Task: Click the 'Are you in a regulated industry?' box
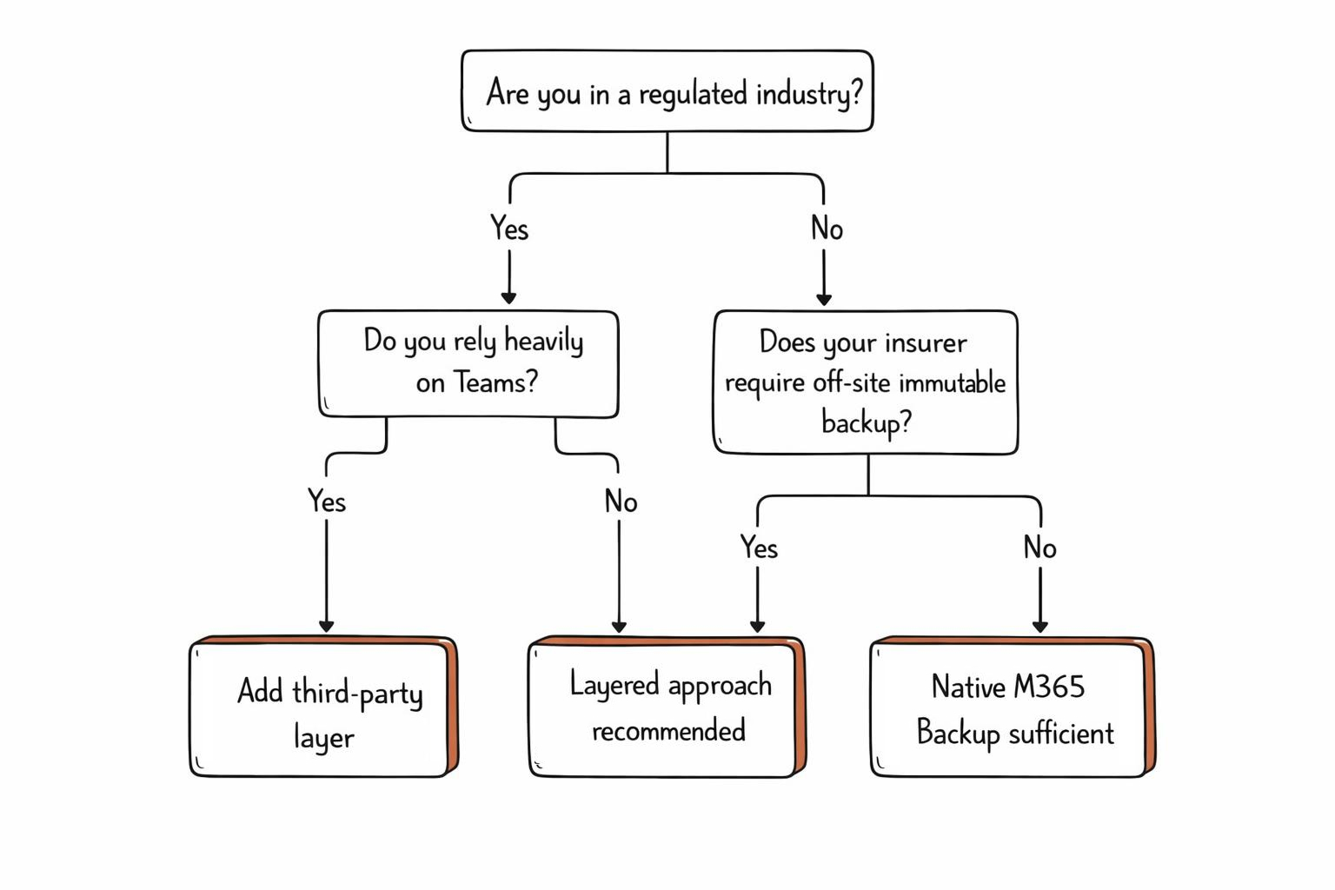pyautogui.click(x=667, y=91)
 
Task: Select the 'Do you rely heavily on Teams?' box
pyautogui.click(x=468, y=363)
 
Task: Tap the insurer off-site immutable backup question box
pyautogui.click(x=865, y=382)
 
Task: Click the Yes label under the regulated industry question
pyautogui.click(x=509, y=229)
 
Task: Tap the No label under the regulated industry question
pyautogui.click(x=827, y=229)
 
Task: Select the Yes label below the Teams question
pyautogui.click(x=327, y=501)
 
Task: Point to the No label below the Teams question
pyautogui.click(x=621, y=501)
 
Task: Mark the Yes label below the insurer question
pyautogui.click(x=759, y=548)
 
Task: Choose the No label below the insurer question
pyautogui.click(x=1039, y=548)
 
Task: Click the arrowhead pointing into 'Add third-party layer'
pyautogui.click(x=327, y=627)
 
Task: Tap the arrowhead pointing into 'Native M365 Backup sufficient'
pyautogui.click(x=1040, y=627)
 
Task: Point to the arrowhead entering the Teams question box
pyautogui.click(x=509, y=298)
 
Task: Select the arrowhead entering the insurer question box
pyautogui.click(x=824, y=299)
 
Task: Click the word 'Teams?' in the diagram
pyautogui.click(x=495, y=382)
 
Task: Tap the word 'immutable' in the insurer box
pyautogui.click(x=952, y=382)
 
